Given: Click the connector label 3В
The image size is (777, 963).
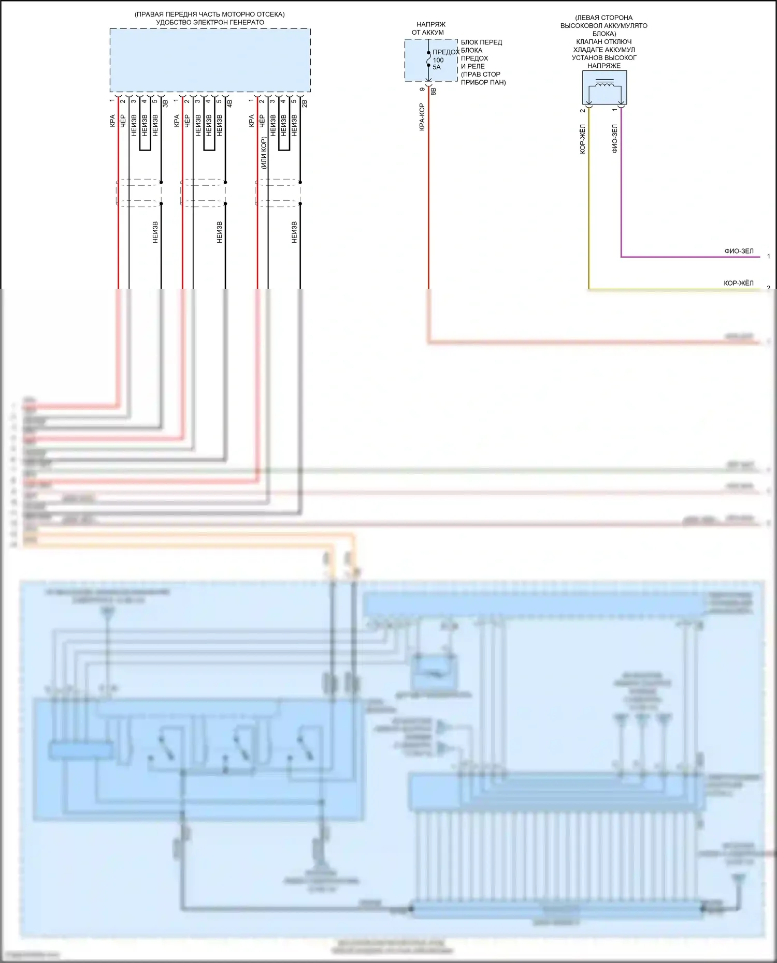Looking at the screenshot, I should [166, 103].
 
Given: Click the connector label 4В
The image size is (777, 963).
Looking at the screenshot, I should [230, 103].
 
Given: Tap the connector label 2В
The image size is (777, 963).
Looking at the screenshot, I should [305, 103].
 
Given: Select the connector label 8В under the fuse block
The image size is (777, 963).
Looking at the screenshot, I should [434, 91].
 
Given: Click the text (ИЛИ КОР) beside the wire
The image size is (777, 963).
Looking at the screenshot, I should [264, 153].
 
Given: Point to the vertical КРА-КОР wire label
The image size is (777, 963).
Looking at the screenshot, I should [422, 117].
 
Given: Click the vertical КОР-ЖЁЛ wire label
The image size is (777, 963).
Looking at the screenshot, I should [583, 139].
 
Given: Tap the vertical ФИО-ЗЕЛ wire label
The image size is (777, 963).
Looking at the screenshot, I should [615, 139].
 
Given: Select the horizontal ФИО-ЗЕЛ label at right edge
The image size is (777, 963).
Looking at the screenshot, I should [739, 251].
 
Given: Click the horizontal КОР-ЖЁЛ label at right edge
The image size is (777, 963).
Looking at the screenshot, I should [738, 284].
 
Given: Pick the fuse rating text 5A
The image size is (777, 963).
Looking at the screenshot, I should [437, 67].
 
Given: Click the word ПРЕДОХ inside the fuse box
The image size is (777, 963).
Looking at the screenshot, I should [445, 52].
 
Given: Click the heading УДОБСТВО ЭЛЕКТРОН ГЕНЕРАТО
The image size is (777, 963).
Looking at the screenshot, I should [210, 22].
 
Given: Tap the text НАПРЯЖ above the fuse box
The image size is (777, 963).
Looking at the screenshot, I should [430, 24].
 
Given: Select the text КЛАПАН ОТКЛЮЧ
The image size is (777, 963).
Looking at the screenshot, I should [603, 41].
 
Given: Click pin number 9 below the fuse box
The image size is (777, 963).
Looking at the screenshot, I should [423, 90].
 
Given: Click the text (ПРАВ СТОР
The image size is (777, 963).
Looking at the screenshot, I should [480, 74].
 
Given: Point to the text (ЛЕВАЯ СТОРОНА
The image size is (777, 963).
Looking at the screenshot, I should [603, 18].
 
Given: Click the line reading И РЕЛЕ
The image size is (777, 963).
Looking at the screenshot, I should [472, 66].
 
